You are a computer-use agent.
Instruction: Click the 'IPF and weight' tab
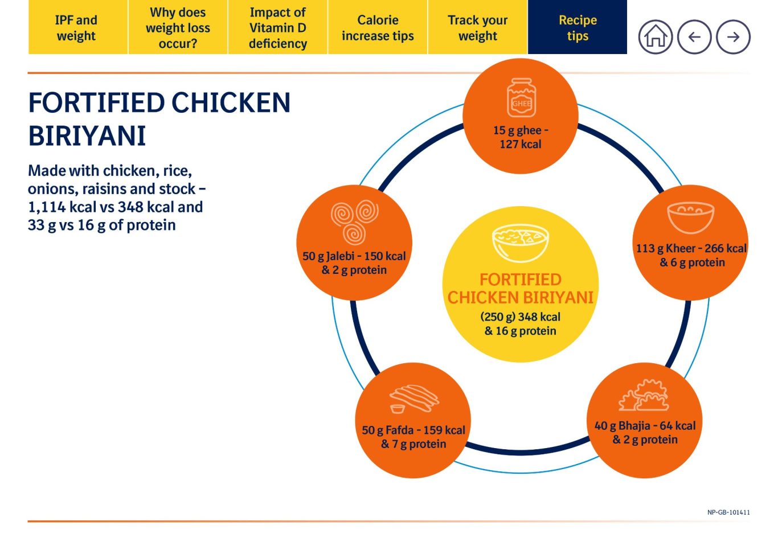tap(77, 28)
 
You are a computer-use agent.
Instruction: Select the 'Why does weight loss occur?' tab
tap(178, 28)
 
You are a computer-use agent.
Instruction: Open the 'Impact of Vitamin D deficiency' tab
tap(278, 28)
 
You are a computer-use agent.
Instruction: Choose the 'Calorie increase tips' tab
tap(378, 28)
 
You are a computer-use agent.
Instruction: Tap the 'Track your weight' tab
tap(477, 28)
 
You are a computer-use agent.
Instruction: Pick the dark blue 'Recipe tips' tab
tap(578, 28)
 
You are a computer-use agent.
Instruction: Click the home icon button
tap(656, 37)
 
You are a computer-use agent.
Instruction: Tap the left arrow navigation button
tap(694, 37)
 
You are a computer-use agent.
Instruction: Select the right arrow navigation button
tap(733, 37)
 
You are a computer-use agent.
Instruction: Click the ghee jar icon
tap(521, 98)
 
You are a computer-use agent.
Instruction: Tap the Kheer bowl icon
tap(691, 217)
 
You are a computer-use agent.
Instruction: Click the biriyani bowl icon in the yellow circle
tap(520, 243)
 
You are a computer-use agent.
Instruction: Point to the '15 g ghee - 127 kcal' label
tap(521, 137)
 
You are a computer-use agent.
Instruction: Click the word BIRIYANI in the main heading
tap(87, 136)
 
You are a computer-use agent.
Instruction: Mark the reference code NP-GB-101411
tap(728, 512)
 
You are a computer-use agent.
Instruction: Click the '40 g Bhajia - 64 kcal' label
tap(645, 426)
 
